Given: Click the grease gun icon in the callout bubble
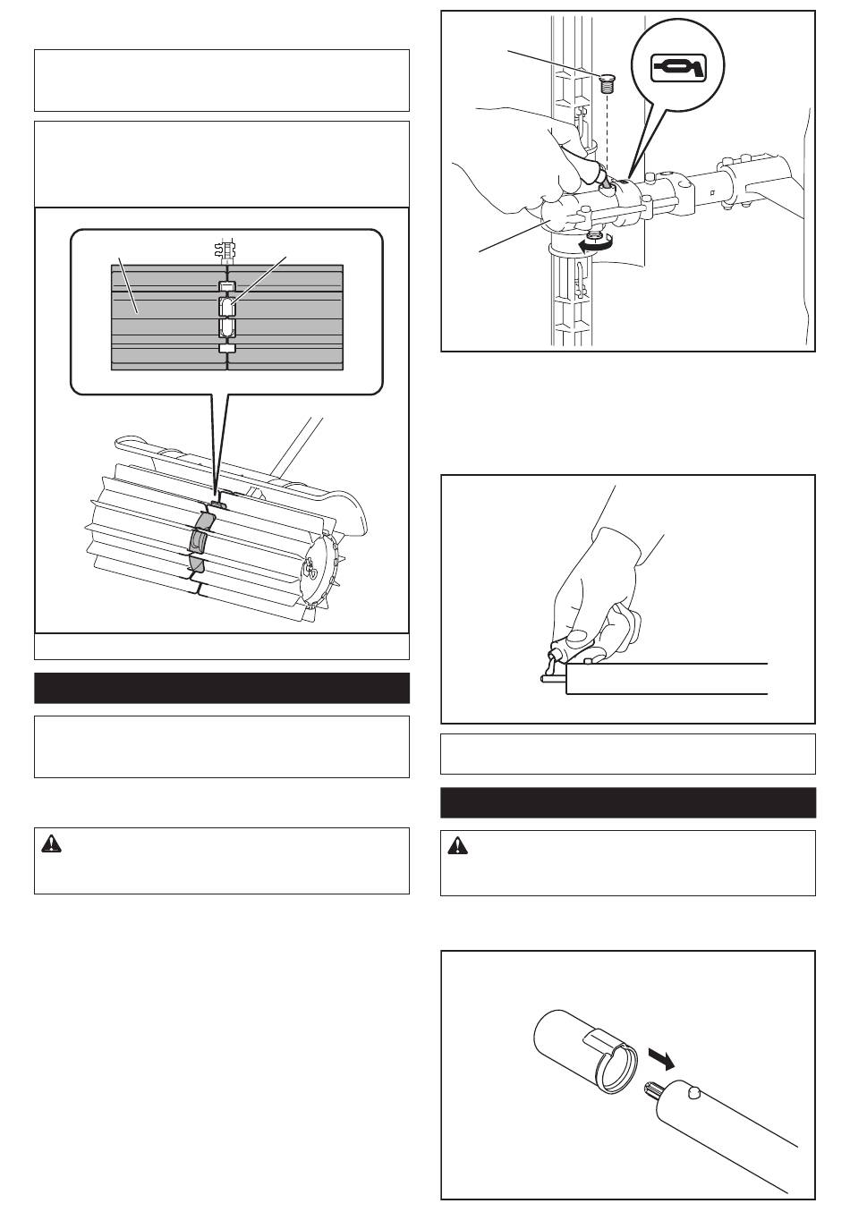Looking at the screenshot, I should click(x=677, y=66).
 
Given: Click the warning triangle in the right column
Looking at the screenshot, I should click(x=457, y=846).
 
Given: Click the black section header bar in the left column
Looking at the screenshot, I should click(x=221, y=688).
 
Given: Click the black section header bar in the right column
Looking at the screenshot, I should click(x=627, y=802).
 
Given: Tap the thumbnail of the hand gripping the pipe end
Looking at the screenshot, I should click(x=626, y=598).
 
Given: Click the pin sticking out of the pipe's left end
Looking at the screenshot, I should click(x=548, y=680).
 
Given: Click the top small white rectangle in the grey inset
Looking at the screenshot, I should click(x=227, y=287).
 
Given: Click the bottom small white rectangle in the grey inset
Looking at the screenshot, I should click(x=227, y=349).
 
